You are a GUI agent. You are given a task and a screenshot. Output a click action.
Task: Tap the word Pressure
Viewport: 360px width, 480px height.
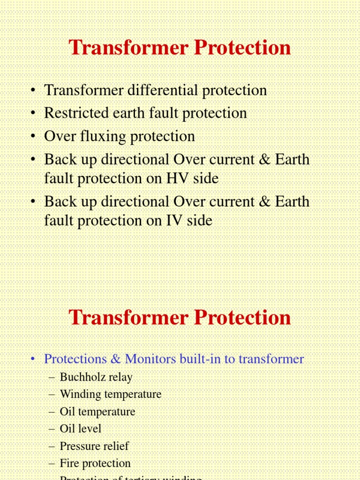(x=79, y=446)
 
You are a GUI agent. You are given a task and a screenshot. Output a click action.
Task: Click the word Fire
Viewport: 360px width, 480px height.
(x=67, y=463)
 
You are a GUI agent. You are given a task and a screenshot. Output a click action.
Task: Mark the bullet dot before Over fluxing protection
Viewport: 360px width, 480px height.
(x=32, y=137)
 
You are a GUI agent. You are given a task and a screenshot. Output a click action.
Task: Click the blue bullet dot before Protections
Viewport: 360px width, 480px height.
(x=32, y=360)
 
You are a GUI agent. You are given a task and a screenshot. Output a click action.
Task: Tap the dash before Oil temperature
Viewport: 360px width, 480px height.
(x=52, y=412)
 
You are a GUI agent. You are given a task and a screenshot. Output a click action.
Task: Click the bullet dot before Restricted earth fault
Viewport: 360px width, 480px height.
(x=32, y=113)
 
